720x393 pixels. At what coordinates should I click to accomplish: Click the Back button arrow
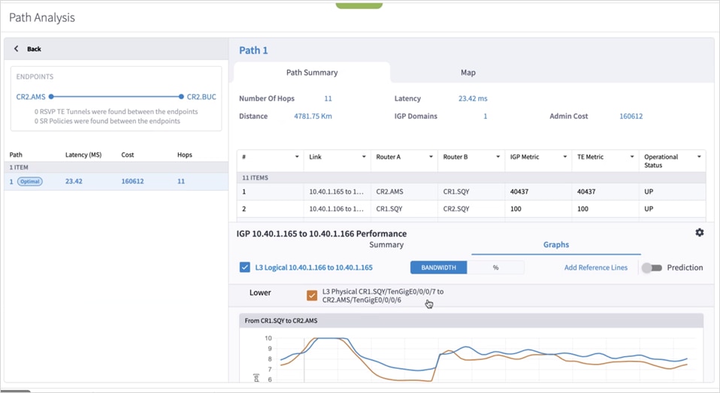pyautogui.click(x=17, y=49)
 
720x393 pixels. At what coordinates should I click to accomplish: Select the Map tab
pyautogui.click(x=467, y=73)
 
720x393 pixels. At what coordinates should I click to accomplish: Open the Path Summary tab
pyautogui.click(x=312, y=73)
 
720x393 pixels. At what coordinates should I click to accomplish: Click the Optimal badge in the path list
pyautogui.click(x=30, y=181)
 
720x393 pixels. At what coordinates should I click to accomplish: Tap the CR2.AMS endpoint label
pyautogui.click(x=31, y=97)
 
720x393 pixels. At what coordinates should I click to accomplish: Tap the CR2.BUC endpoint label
pyautogui.click(x=201, y=97)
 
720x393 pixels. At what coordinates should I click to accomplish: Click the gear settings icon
pyautogui.click(x=699, y=233)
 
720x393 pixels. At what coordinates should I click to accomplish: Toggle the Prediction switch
pyautogui.click(x=652, y=268)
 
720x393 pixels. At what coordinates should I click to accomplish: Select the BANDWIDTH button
pyautogui.click(x=438, y=268)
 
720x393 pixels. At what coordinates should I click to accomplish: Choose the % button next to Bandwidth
pyautogui.click(x=495, y=268)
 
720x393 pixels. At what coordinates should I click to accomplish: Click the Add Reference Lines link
pyautogui.click(x=595, y=268)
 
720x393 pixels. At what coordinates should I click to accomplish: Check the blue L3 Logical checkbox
pyautogui.click(x=245, y=268)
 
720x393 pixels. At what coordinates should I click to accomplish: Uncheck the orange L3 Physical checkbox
pyautogui.click(x=312, y=295)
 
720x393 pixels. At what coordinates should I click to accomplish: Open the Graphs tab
pyautogui.click(x=555, y=245)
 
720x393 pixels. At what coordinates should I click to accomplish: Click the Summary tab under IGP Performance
pyautogui.click(x=386, y=245)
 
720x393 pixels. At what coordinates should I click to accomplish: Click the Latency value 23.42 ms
pyautogui.click(x=473, y=98)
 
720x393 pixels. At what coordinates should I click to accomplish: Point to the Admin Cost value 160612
pyautogui.click(x=631, y=116)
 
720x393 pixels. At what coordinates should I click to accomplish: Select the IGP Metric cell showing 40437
pyautogui.click(x=519, y=192)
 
